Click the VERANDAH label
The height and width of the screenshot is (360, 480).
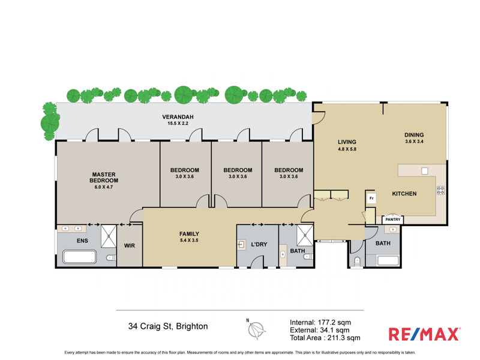tap(178, 116)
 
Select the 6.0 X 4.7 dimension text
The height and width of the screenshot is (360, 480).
tap(104, 187)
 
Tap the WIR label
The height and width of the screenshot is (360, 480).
tap(130, 245)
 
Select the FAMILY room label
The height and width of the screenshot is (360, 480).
tap(189, 234)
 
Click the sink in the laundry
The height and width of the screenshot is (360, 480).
tap(241, 245)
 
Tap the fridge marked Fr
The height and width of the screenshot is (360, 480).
tap(371, 198)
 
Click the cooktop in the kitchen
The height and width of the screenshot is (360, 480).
tap(441, 190)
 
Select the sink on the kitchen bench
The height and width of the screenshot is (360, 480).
tap(424, 171)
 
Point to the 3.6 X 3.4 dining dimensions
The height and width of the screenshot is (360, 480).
tap(414, 142)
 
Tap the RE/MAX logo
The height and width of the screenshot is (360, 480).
tap(424, 334)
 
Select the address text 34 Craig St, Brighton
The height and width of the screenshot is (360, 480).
tap(168, 326)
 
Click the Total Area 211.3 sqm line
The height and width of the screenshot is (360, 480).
tap(325, 338)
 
